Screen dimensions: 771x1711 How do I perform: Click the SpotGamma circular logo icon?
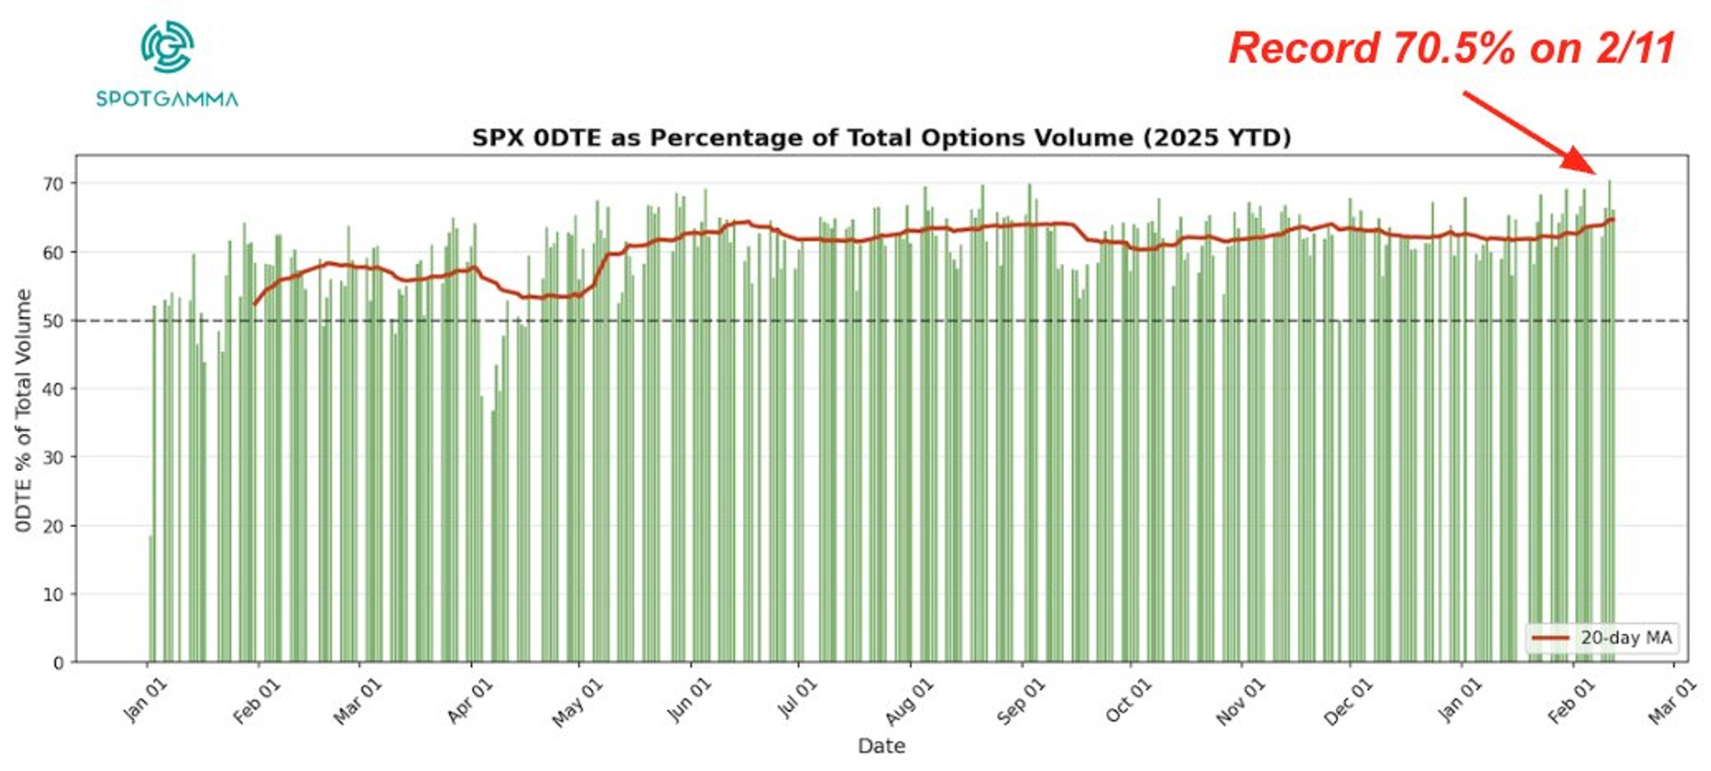168,46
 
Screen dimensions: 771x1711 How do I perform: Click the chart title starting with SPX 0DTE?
881,138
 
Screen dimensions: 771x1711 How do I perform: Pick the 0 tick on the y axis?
58,663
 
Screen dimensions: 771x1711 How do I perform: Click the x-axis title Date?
881,746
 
